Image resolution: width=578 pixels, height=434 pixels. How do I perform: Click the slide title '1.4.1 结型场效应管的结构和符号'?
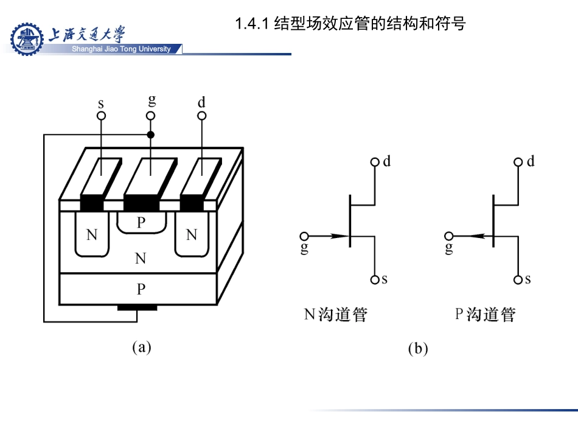[x=350, y=24]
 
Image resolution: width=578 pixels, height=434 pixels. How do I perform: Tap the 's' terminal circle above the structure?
[x=102, y=115]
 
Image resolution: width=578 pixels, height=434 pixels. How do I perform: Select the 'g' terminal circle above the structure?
[x=151, y=115]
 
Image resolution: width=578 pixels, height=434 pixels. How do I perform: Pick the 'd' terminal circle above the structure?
[x=202, y=115]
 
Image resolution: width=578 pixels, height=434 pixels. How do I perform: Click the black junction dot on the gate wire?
[x=151, y=135]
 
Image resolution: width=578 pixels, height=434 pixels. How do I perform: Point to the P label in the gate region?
[x=141, y=222]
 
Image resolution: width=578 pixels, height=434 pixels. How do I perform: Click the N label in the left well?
[x=92, y=235]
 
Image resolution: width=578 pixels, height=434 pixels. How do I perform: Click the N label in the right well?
[x=192, y=235]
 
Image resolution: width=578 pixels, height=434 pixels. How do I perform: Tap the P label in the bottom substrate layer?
[x=141, y=288]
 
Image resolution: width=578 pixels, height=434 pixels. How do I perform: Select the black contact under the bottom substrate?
[x=137, y=307]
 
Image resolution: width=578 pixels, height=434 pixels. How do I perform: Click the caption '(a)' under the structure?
[x=141, y=347]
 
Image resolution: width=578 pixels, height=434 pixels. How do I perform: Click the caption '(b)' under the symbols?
[x=418, y=349]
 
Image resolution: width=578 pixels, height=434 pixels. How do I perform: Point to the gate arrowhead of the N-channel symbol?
[x=340, y=236]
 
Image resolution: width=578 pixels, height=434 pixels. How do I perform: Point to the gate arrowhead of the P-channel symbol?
[x=474, y=236]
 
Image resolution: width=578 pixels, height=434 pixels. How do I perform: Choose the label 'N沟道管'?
[x=336, y=315]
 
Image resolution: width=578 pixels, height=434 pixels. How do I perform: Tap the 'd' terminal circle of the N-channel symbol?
[x=375, y=163]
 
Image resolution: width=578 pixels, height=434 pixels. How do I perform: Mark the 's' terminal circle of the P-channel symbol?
[x=518, y=280]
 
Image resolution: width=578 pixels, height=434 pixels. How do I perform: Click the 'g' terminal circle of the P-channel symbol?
[x=449, y=236]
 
